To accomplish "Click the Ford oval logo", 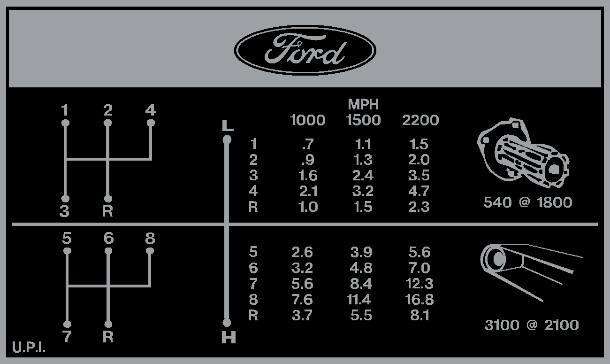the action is pos(305,50).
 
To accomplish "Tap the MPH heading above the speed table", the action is pos(363,104).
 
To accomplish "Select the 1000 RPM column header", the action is pos(307,120).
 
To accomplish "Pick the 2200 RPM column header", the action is pos(420,120).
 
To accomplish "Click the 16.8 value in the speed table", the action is pos(419,300).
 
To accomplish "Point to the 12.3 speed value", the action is pos(419,284).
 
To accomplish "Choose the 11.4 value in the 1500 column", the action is pos(359,300).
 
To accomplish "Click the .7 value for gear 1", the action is pos(308,144).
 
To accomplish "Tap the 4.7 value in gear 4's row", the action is pos(419,191).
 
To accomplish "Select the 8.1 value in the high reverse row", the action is pos(420,316).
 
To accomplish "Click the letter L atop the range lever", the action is pos(228,126).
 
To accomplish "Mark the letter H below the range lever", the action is pos(229,338).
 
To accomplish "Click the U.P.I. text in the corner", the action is pos(29,347).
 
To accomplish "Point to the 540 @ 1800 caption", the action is pos(528,202).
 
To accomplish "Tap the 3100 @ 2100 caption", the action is pos(532,325).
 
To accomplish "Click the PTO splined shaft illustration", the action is pos(523,153).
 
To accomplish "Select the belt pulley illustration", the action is pos(531,273).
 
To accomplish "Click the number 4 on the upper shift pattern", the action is pos(150,110).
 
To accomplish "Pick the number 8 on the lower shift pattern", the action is pos(150,238).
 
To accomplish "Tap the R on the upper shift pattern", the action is pos(107,211).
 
